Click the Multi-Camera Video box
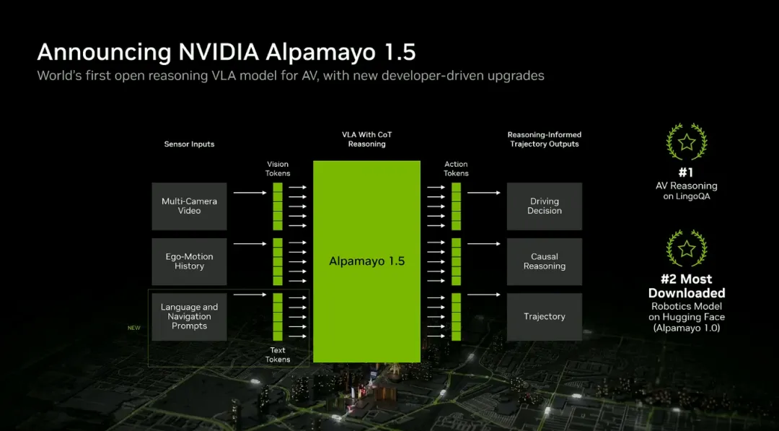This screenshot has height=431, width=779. click(x=189, y=206)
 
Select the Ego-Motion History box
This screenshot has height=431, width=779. click(x=189, y=261)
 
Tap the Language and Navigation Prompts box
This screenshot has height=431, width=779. click(x=189, y=316)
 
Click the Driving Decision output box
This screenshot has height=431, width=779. click(x=544, y=206)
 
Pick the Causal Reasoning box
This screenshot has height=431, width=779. click(x=544, y=261)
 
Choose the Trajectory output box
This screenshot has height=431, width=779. click(x=544, y=316)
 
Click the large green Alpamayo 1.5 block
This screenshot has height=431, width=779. click(x=366, y=261)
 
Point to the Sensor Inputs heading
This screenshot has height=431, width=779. click(x=189, y=144)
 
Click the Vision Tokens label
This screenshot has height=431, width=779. click(x=278, y=169)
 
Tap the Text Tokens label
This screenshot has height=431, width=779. click(x=278, y=354)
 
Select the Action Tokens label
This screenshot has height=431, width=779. click(x=456, y=169)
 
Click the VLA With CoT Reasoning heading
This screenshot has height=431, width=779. click(x=366, y=139)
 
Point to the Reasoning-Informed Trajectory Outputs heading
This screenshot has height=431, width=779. click(x=544, y=139)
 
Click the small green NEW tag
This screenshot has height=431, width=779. click(x=134, y=328)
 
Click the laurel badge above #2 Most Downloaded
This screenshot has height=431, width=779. click(x=687, y=249)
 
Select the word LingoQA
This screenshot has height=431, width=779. click(x=697, y=196)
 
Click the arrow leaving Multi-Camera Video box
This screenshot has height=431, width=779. click(x=249, y=193)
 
